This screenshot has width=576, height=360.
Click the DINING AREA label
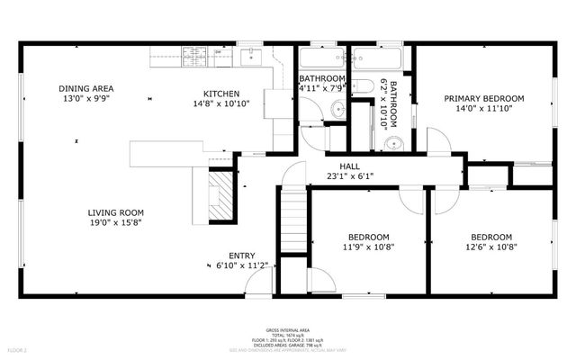[x=85, y=88]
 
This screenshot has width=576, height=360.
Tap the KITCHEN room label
[x=220, y=94]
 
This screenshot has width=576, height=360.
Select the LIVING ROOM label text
[x=115, y=212]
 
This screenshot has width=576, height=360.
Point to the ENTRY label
[x=242, y=255]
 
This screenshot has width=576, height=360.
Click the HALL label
[x=350, y=166]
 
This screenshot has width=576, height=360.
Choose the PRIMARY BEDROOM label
[x=482, y=99]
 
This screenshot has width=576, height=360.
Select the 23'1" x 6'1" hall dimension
[x=350, y=176]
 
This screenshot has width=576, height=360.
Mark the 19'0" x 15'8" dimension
[x=115, y=222]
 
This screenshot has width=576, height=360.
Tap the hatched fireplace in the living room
[x=219, y=195]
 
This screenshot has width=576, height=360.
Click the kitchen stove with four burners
[x=194, y=58]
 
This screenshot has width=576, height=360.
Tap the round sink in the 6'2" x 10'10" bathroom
[x=392, y=143]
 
